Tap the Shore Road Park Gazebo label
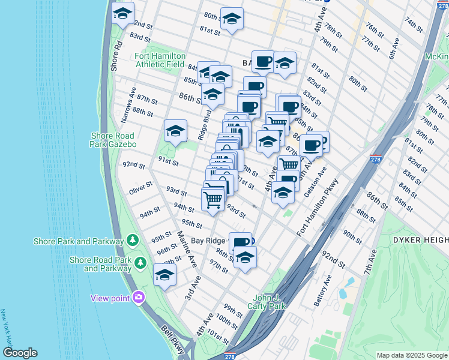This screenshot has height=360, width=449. point(113,140)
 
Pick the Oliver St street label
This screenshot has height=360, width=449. point(142,191)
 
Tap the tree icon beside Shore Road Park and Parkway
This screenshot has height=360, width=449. point(140,263)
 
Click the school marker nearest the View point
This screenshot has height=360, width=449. point(164,275)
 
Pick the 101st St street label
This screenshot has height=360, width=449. point(218,340)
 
